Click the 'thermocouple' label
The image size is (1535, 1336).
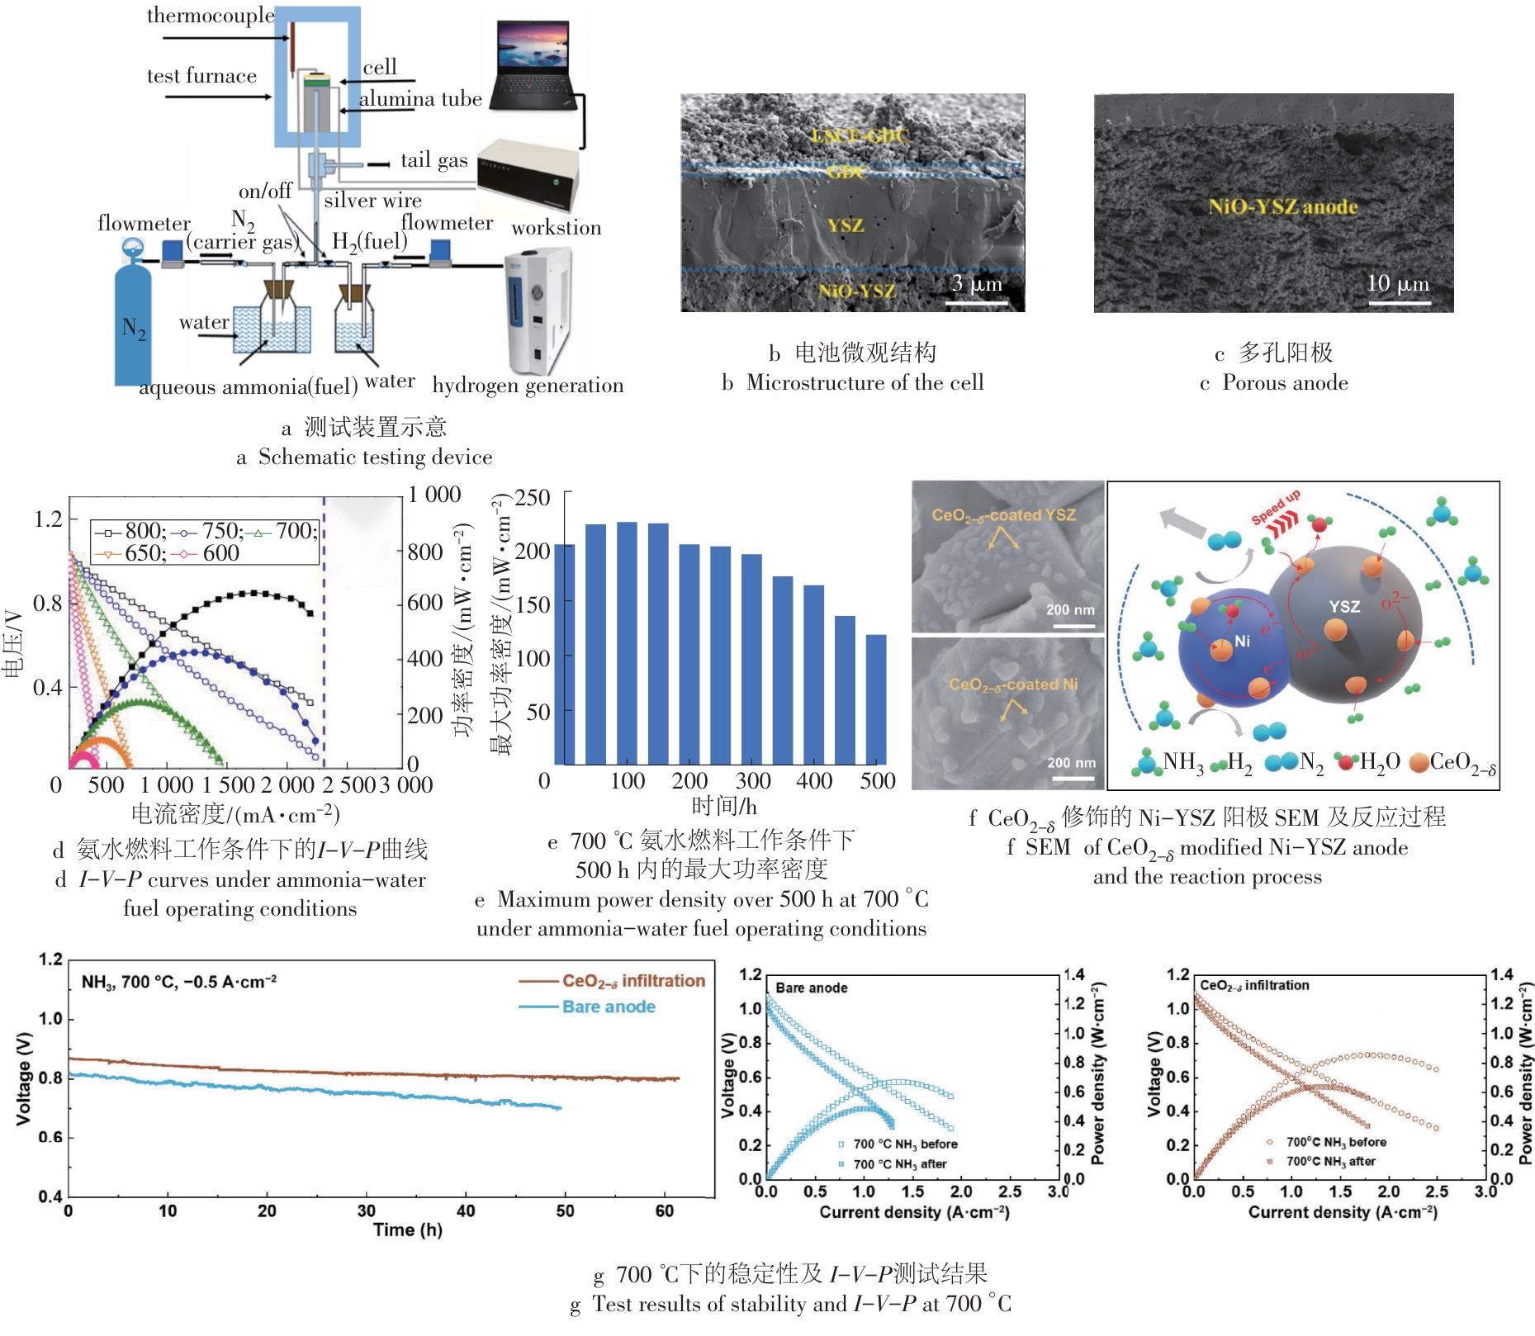click(x=211, y=16)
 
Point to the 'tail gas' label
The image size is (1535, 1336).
click(x=434, y=160)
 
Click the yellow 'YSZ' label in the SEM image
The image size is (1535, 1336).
click(x=845, y=225)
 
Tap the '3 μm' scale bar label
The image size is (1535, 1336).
click(x=977, y=285)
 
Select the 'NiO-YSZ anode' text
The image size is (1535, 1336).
click(x=1282, y=207)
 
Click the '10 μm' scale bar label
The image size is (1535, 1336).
click(x=1397, y=284)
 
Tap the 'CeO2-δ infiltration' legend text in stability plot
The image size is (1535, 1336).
click(x=633, y=981)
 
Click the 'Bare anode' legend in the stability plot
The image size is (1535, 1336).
click(x=609, y=1007)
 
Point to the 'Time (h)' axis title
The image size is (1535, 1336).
click(x=407, y=1229)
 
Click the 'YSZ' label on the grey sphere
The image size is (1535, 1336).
click(x=1343, y=606)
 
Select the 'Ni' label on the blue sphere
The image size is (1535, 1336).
click(x=1242, y=641)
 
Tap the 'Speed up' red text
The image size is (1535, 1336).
click(x=1276, y=506)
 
